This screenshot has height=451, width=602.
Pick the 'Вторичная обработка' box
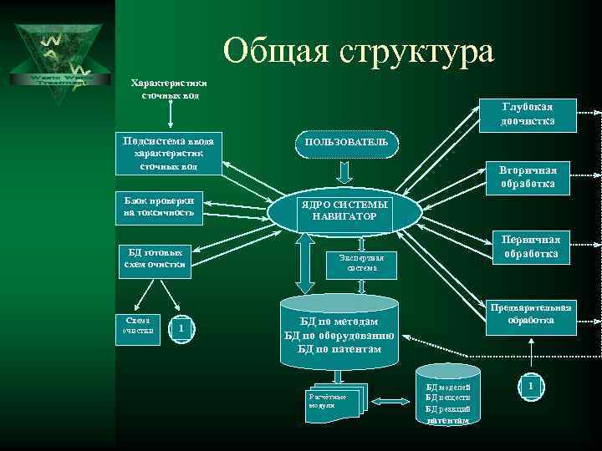tap(528, 177)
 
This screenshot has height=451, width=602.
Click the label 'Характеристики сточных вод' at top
tap(171, 89)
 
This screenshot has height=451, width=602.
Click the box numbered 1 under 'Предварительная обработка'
tap(530, 388)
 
